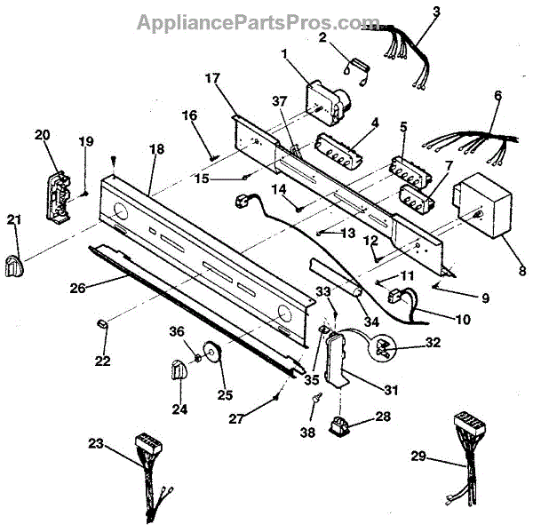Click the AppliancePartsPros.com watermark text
pos(258,21)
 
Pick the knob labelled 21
pos(14,263)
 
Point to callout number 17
pos(213,78)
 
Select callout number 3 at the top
pos(436,12)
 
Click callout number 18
pos(156,150)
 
